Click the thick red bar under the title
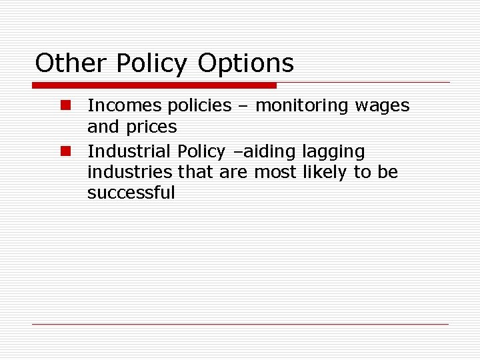tap(154, 85)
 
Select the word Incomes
tap(124, 105)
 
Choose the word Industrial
tap(129, 151)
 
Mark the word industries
tap(130, 172)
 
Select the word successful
tap(131, 193)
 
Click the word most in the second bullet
tap(271, 172)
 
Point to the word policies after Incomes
tap(199, 106)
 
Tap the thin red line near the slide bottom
tap(240, 324)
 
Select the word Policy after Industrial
tap(201, 152)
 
